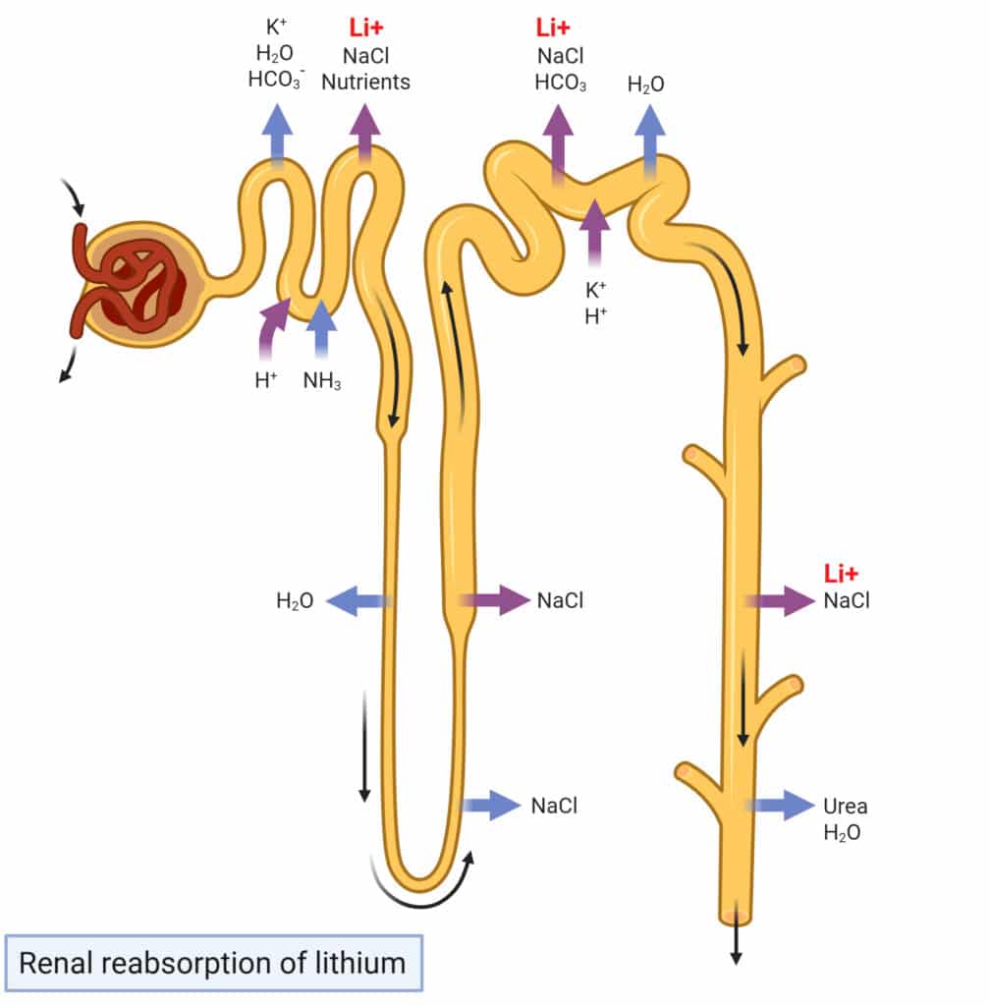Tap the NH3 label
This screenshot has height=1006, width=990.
(x=321, y=381)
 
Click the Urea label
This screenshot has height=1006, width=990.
(x=845, y=807)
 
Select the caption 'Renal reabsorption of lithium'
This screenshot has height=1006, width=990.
(x=212, y=962)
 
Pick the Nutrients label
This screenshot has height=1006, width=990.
(x=365, y=83)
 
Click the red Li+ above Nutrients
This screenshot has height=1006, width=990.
(x=366, y=28)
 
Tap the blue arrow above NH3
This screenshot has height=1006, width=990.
(x=321, y=329)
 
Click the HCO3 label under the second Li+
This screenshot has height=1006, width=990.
(x=561, y=83)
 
